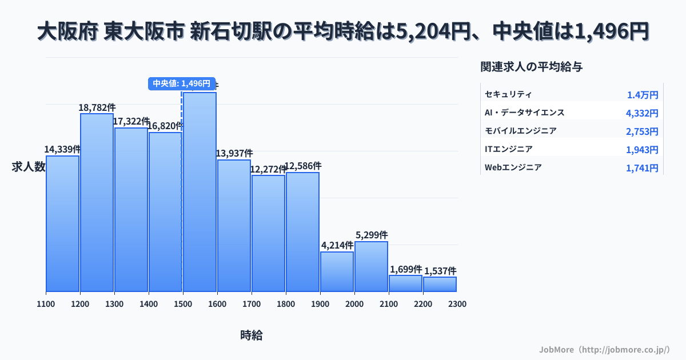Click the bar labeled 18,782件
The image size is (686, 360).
97,202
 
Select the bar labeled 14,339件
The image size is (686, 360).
62,223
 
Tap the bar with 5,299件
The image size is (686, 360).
371,266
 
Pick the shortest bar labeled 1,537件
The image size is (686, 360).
440,284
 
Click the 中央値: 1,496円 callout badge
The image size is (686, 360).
182,83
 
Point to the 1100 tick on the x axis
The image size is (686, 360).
46,304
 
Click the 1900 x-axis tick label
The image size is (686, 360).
320,304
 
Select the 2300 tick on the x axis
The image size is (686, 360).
457,304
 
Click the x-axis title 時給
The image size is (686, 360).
252,335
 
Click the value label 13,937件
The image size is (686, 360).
234,154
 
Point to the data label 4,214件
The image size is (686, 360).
337,246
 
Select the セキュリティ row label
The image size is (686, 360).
508,94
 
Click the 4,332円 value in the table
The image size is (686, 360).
642,113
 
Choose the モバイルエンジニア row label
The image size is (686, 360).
520,131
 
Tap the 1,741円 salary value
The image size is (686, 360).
642,168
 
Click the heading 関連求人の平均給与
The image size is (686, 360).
532,67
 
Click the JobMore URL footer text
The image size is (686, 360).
604,349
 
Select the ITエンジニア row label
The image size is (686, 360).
508,149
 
